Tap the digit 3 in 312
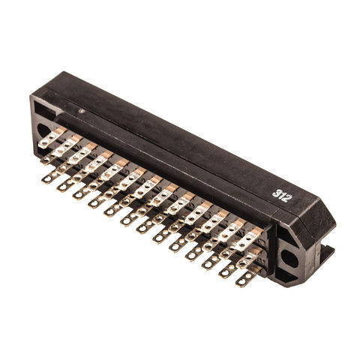(275, 192)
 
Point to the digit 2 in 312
(287, 199)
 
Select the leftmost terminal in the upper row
(51, 137)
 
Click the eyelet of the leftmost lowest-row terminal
(48, 178)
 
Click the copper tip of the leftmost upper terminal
(61, 130)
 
